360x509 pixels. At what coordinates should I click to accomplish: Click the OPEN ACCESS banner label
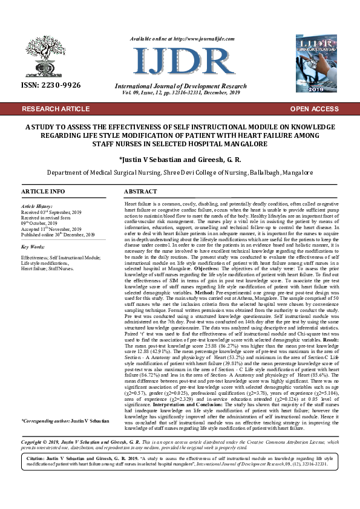point(314,109)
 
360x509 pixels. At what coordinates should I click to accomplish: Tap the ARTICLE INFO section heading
point(43,191)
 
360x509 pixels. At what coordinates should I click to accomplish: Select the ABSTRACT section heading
point(140,191)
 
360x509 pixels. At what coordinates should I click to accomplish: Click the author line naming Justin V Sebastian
point(180,159)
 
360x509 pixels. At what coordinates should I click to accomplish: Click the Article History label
point(38,206)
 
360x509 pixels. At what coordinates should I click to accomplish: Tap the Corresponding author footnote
point(65,403)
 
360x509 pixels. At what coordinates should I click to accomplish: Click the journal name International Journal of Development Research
point(180,87)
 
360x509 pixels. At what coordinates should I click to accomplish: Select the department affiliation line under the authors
point(180,172)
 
